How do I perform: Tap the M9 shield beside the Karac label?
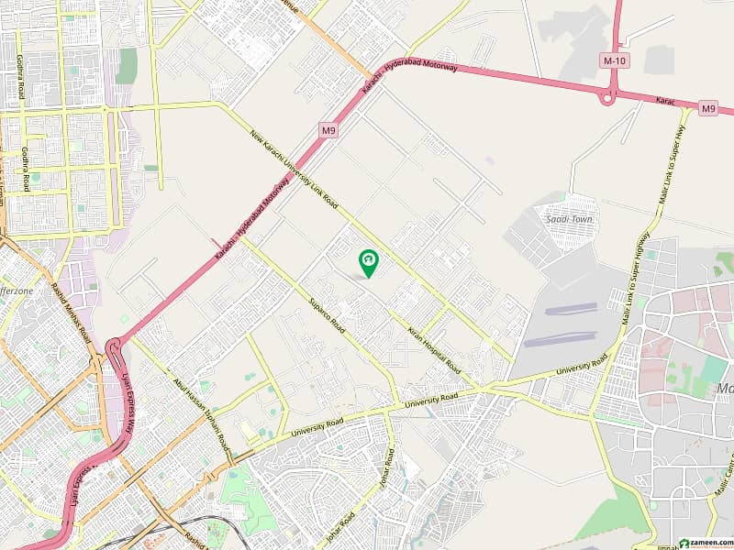click(707, 109)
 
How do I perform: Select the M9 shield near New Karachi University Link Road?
click(328, 131)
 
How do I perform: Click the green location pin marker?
click(369, 263)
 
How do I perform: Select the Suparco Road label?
click(326, 314)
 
